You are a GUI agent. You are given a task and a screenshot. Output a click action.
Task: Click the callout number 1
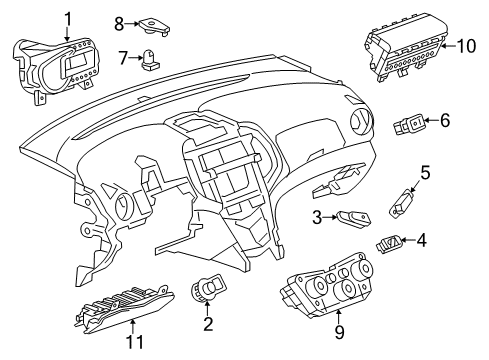pyautogui.click(x=68, y=18)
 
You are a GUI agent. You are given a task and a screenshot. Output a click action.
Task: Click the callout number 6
pyautogui.click(x=445, y=121)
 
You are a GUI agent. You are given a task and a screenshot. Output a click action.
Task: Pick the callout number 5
pyautogui.click(x=424, y=173)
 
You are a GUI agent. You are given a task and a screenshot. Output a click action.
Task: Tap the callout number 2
pyautogui.click(x=208, y=323)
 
